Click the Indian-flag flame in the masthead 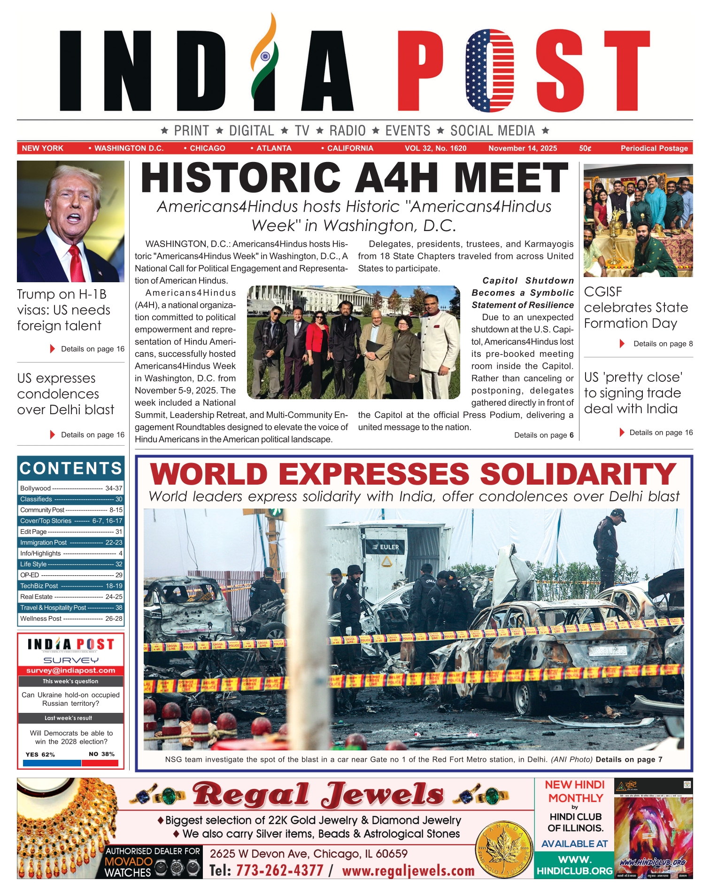(x=265, y=59)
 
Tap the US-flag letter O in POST (x=489, y=70)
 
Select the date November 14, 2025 (x=522, y=148)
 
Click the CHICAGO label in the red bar (x=207, y=148)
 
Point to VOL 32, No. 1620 (x=435, y=148)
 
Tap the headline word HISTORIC (x=240, y=178)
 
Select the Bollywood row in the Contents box (x=71, y=488)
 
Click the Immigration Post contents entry (x=71, y=542)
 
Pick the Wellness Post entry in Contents (x=71, y=618)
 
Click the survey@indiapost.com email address (x=71, y=671)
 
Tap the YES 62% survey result (x=40, y=754)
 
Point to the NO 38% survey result (x=101, y=754)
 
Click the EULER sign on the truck (x=386, y=547)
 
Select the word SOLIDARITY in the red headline (x=578, y=474)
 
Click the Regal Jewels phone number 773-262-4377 (x=279, y=870)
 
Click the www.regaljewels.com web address (x=408, y=871)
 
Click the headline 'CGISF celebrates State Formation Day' (x=636, y=308)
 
